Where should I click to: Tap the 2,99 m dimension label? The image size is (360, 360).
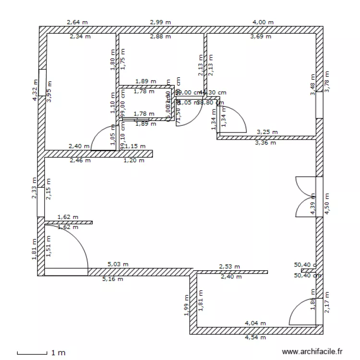(161, 22)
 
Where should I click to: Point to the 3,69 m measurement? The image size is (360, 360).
(261, 36)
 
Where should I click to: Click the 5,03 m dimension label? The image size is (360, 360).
(117, 264)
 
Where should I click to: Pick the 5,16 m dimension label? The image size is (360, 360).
(113, 279)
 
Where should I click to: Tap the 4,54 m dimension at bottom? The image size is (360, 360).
(256, 337)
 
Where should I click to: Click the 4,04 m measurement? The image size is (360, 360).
(255, 324)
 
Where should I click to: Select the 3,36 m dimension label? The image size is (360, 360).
(265, 143)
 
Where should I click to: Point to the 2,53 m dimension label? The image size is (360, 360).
(229, 266)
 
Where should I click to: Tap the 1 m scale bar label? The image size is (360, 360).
(58, 353)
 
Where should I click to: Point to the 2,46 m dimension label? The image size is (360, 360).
(80, 161)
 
